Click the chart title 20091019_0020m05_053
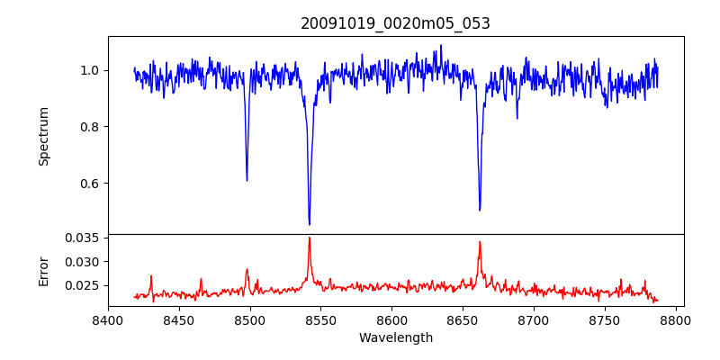(395, 23)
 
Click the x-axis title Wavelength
(395, 338)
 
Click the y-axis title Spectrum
(43, 136)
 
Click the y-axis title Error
(43, 270)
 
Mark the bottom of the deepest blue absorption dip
(310, 224)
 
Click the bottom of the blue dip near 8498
(247, 181)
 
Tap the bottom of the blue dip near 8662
(480, 211)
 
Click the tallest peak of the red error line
(310, 238)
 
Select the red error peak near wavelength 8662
(480, 241)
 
